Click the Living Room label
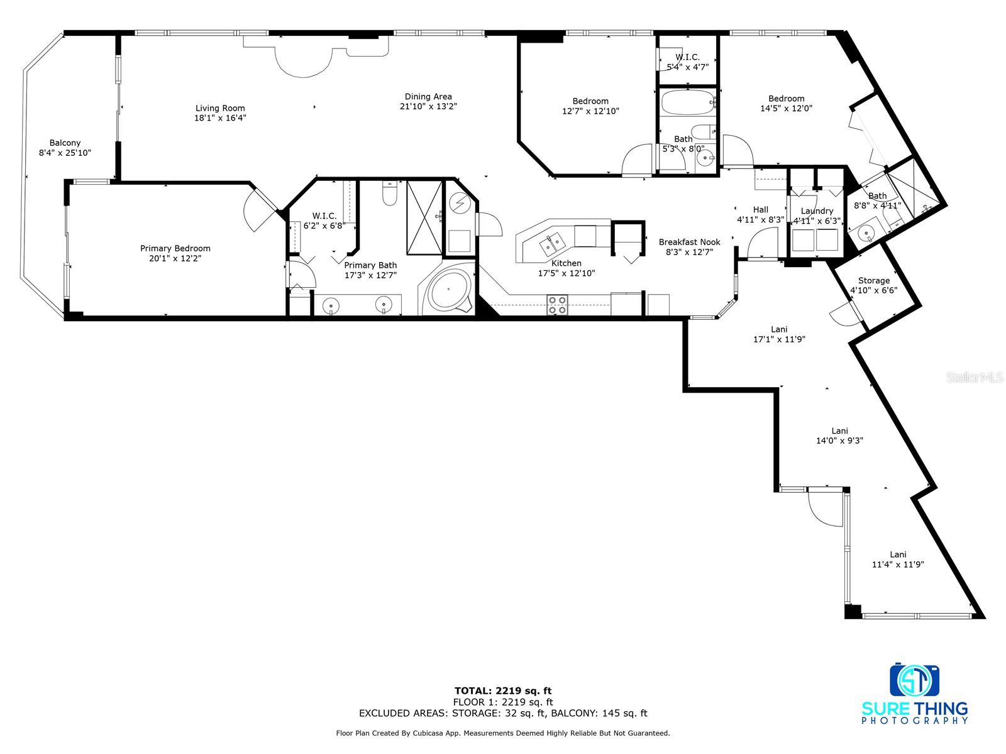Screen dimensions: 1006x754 coord(220,108)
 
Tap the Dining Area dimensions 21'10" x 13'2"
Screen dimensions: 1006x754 coord(428,106)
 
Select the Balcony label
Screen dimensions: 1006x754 coord(65,143)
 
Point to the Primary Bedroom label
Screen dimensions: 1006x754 coord(175,248)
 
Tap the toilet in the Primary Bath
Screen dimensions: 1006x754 coord(389,194)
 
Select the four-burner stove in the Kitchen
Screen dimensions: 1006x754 coord(557,305)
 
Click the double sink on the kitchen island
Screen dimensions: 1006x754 coord(551,244)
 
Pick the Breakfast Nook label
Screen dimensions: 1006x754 coord(689,242)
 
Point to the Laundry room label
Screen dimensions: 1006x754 coord(817,210)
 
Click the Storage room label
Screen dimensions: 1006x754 coord(873,280)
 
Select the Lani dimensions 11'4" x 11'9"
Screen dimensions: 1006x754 coord(897,564)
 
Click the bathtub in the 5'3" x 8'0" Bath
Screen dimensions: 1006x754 coord(687,102)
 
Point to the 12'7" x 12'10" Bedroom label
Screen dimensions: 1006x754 coord(590,106)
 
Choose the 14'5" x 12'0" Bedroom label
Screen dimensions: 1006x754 coord(786,104)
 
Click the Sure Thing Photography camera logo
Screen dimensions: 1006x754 coord(914,680)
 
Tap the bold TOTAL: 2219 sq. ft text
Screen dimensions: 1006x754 coord(503,691)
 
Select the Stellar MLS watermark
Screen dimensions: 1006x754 coord(975,377)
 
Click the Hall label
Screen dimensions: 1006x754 coord(760,209)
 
